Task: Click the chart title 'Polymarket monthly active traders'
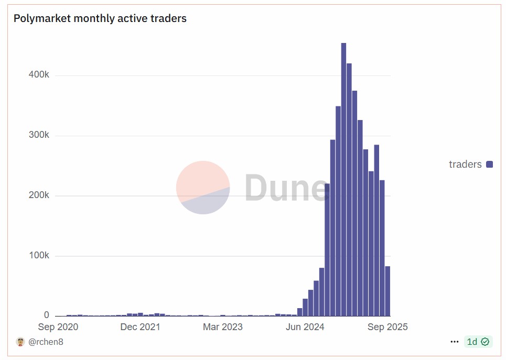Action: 100,18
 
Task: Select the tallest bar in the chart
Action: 343,178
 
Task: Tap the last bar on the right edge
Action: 387,291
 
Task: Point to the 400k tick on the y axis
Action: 39,75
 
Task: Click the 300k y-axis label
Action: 39,135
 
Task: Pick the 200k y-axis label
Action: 39,195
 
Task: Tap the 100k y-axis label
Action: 39,256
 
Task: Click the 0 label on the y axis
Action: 47,315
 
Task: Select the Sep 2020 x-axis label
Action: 58,327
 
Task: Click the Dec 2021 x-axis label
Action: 140,327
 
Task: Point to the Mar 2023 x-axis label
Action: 222,327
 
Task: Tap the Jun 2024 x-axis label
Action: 305,327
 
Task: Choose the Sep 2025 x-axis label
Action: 387,327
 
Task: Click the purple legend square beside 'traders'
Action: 490,165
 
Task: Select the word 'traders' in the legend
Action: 465,165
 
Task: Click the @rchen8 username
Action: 46,342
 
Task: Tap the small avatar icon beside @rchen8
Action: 20,342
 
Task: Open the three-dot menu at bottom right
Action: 455,342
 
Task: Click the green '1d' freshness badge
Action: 478,342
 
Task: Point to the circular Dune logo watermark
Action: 203,188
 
